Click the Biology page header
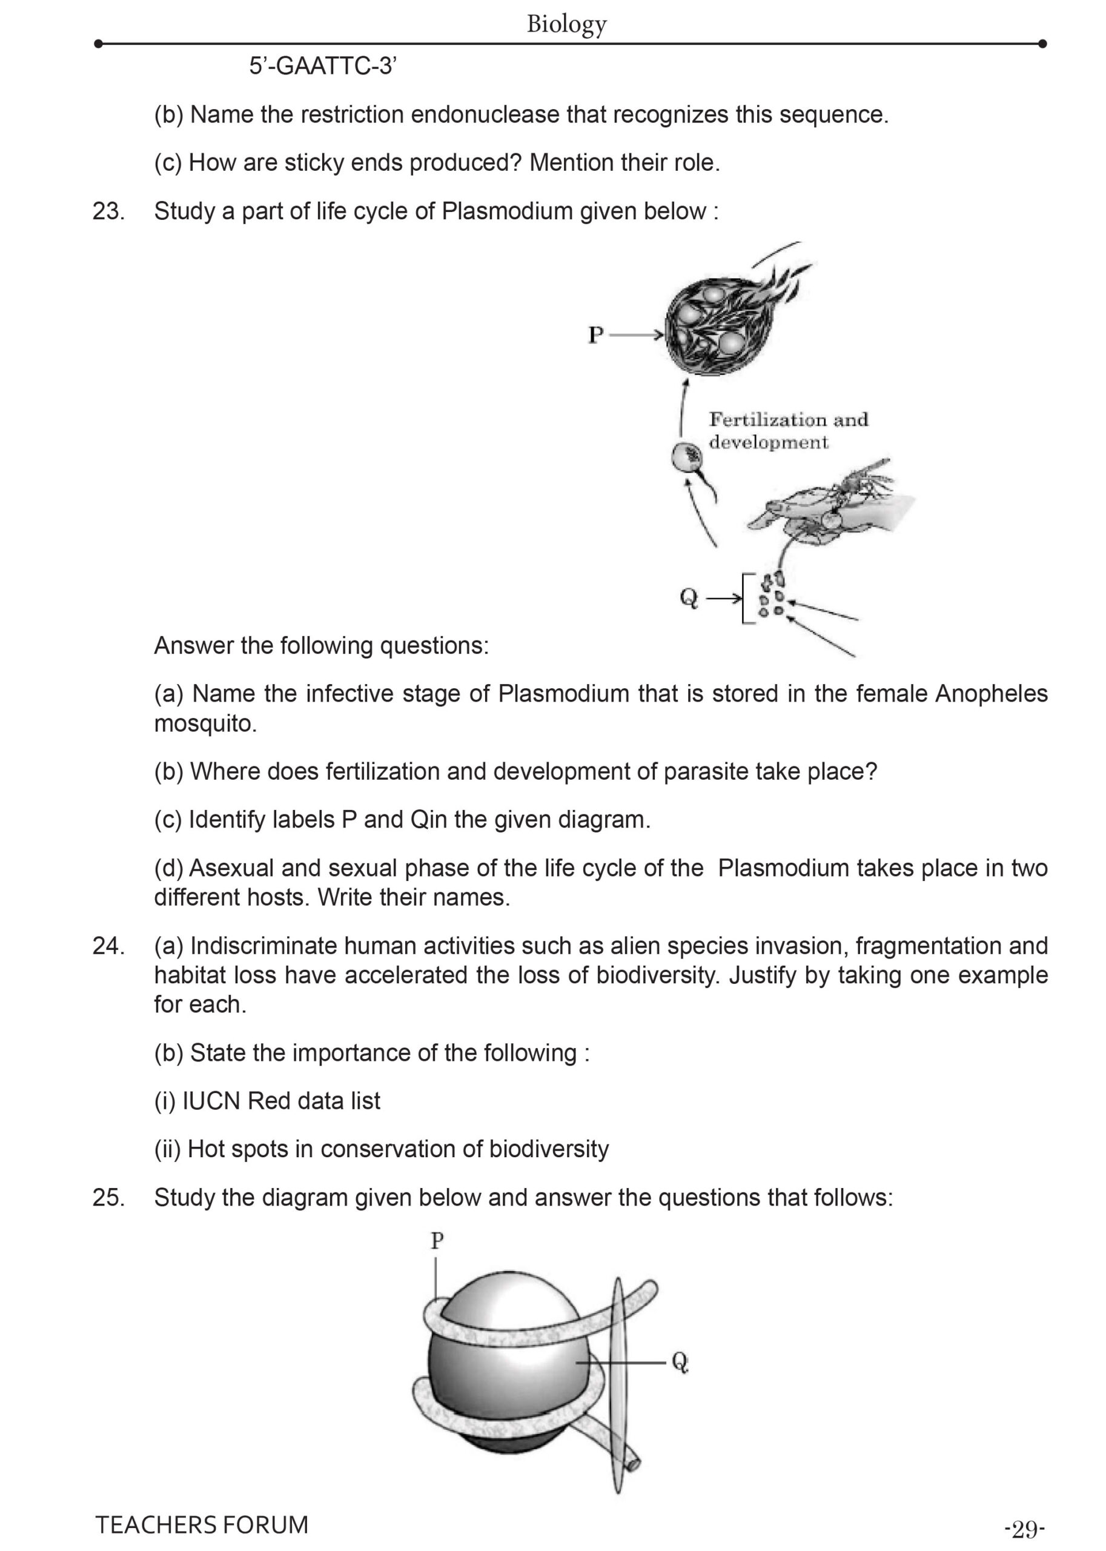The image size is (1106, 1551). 566,24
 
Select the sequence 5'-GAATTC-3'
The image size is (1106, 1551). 323,67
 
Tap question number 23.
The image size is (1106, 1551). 108,211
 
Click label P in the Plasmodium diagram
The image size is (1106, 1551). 595,334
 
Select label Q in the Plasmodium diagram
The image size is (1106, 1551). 689,598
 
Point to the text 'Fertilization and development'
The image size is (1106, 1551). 788,431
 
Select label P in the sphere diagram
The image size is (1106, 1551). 437,1240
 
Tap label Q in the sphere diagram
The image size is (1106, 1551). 680,1361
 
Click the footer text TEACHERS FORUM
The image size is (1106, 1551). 202,1524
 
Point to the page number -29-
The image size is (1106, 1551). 1024,1529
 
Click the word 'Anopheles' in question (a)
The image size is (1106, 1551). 991,694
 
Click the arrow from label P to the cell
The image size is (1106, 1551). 636,334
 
